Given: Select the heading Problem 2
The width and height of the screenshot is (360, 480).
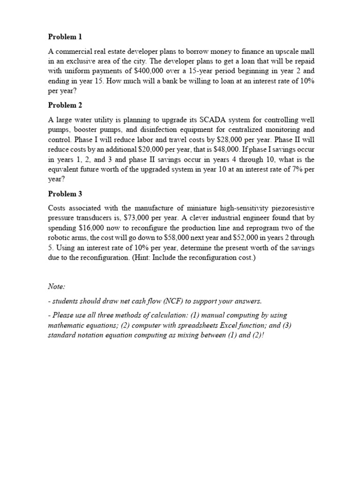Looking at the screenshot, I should pyautogui.click(x=65, y=105).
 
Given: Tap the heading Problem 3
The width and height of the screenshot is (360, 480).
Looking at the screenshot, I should pyautogui.click(x=65, y=194).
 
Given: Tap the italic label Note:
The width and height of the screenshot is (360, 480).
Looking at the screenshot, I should pyautogui.click(x=57, y=286).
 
